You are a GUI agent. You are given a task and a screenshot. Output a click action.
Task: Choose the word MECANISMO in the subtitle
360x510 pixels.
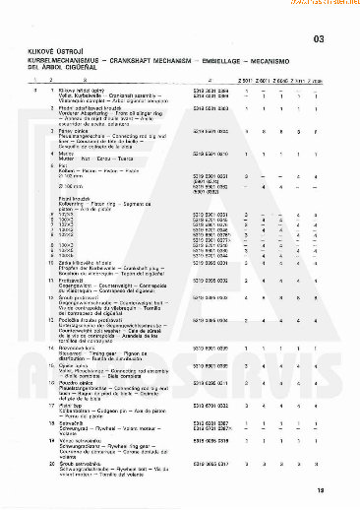pos(280,61)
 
